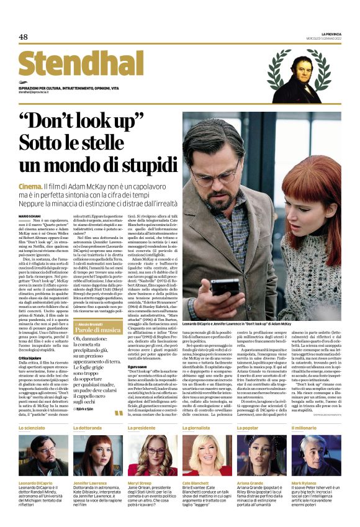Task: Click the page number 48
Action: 24,37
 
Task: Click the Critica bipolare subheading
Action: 32,358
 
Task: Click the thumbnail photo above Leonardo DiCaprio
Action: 43,455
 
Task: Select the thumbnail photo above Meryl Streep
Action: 152,455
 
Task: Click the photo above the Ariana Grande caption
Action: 261,455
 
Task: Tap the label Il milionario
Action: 306,428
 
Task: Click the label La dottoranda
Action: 88,428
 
